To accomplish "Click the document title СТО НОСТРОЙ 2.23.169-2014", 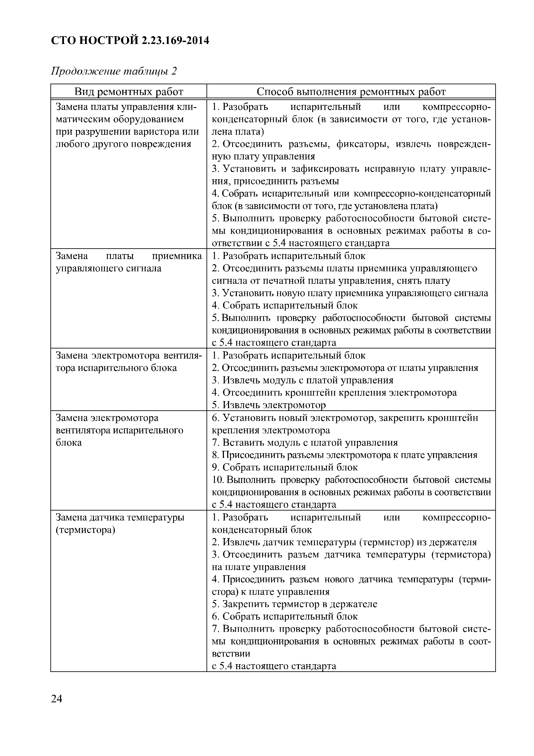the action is tap(130, 41).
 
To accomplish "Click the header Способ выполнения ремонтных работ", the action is tap(351, 92).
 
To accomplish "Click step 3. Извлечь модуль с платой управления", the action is tap(302, 380).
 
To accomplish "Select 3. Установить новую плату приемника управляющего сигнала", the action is tap(350, 293).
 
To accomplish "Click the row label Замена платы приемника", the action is tap(129, 256).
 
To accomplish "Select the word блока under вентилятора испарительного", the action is tap(68, 442).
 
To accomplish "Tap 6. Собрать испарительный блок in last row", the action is tap(285, 616).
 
